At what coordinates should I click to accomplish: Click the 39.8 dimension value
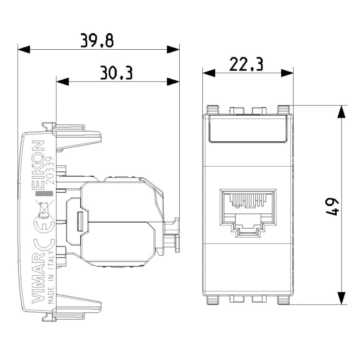tap(97, 41)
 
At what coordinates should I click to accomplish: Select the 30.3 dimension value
tap(116, 73)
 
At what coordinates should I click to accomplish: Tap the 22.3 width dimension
tap(247, 65)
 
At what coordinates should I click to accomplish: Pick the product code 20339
tap(50, 170)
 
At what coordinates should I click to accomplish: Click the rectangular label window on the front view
tap(248, 129)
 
